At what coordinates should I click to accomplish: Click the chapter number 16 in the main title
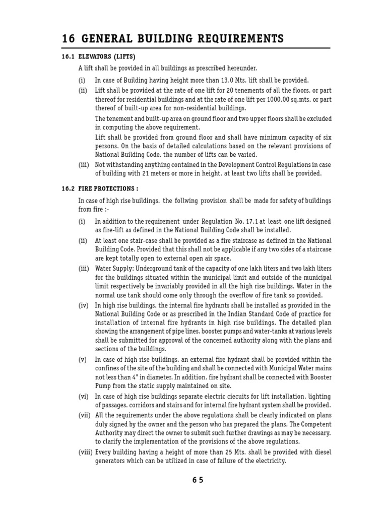tap(68, 39)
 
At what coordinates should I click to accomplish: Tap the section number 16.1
tap(68, 56)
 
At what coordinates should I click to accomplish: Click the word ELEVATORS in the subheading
tap(94, 56)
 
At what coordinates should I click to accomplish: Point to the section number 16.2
tap(68, 189)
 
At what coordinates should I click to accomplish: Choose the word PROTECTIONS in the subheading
tap(113, 189)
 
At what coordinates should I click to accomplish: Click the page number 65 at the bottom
tap(198, 480)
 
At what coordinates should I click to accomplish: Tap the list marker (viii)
tap(85, 452)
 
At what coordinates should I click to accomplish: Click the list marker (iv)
tap(83, 305)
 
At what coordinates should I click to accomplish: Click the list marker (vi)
tap(83, 397)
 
